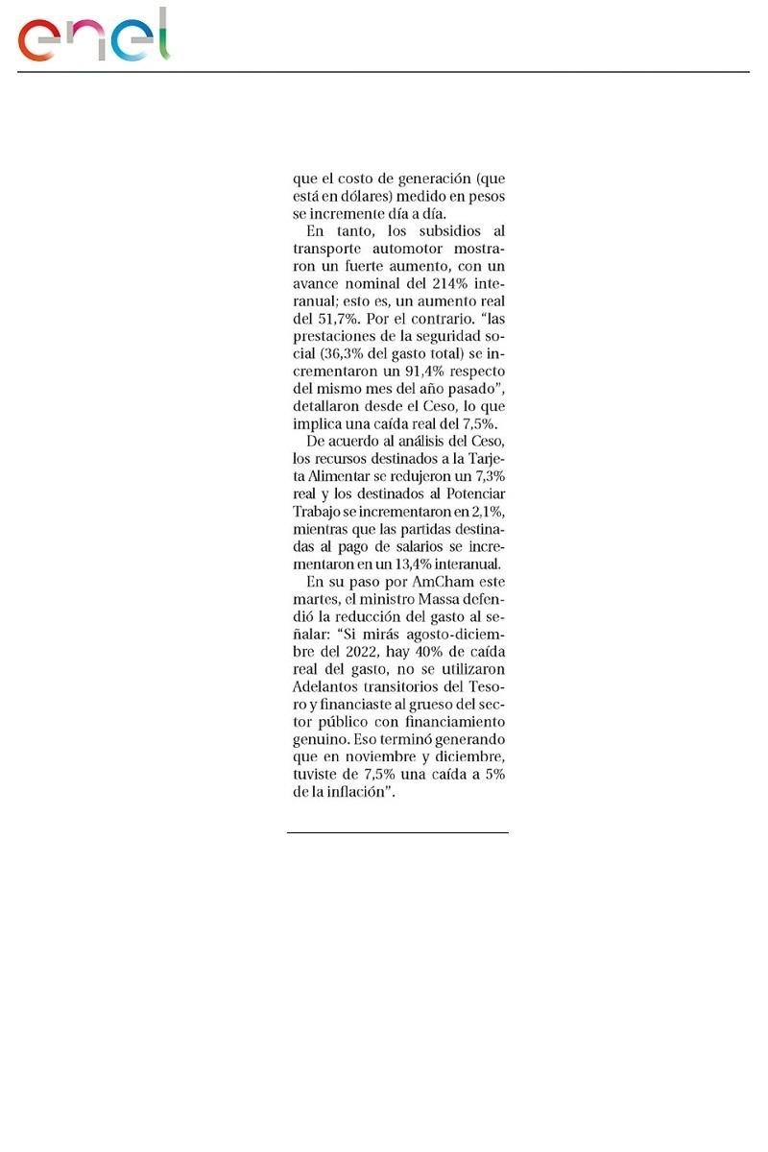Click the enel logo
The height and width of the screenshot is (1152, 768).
93,36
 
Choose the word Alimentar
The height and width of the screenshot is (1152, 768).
331,476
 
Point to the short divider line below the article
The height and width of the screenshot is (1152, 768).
397,832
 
